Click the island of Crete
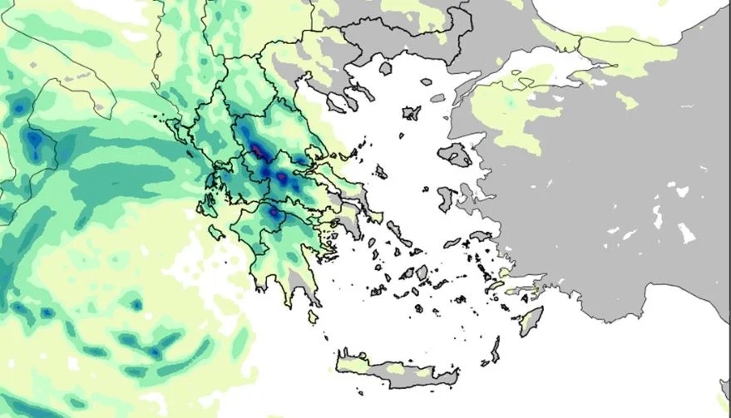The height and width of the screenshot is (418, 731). pos(399,371)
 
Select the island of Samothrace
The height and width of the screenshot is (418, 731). pos(427,81)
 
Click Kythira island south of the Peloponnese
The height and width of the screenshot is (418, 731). pos(313,317)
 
